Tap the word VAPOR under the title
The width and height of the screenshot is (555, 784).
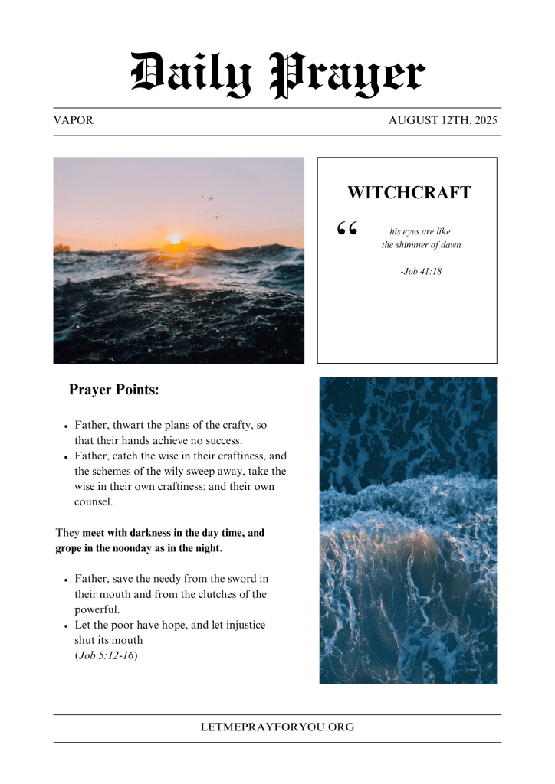(74, 121)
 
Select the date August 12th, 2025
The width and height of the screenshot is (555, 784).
(443, 121)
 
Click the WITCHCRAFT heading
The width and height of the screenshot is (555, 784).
(409, 193)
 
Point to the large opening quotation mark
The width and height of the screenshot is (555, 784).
(347, 228)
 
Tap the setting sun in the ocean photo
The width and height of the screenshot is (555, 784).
(175, 238)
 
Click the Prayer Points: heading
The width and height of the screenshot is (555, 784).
(114, 390)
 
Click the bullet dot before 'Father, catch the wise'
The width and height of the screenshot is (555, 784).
(67, 457)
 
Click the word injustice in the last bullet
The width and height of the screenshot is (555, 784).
(232, 625)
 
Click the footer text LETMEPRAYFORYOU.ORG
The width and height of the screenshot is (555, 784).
(277, 727)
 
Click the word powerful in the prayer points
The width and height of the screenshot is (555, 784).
(96, 609)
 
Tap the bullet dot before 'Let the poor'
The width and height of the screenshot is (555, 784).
(67, 626)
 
